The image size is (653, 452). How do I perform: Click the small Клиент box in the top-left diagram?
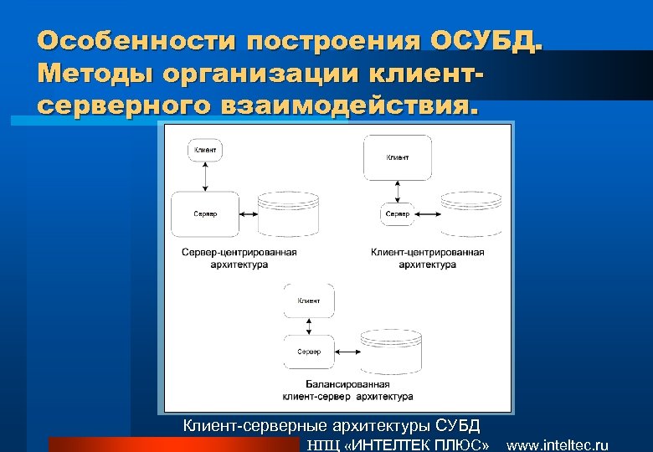[205, 151]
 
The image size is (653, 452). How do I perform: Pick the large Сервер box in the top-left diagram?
[205, 213]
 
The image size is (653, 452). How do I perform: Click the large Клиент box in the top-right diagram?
[398, 157]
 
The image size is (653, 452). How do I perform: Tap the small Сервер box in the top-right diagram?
[398, 214]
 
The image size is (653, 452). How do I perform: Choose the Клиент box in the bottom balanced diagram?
[309, 300]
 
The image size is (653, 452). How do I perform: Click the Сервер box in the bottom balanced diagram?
[309, 352]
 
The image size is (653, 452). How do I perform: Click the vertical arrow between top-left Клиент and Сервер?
[205, 177]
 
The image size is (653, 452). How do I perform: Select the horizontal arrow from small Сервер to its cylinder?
[429, 214]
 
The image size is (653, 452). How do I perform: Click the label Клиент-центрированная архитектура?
[428, 258]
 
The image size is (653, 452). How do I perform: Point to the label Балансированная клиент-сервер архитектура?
[347, 390]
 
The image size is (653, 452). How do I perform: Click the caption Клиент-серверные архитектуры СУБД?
[332, 426]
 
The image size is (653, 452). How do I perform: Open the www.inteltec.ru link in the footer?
[558, 445]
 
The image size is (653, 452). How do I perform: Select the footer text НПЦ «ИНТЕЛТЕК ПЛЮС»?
[398, 445]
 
